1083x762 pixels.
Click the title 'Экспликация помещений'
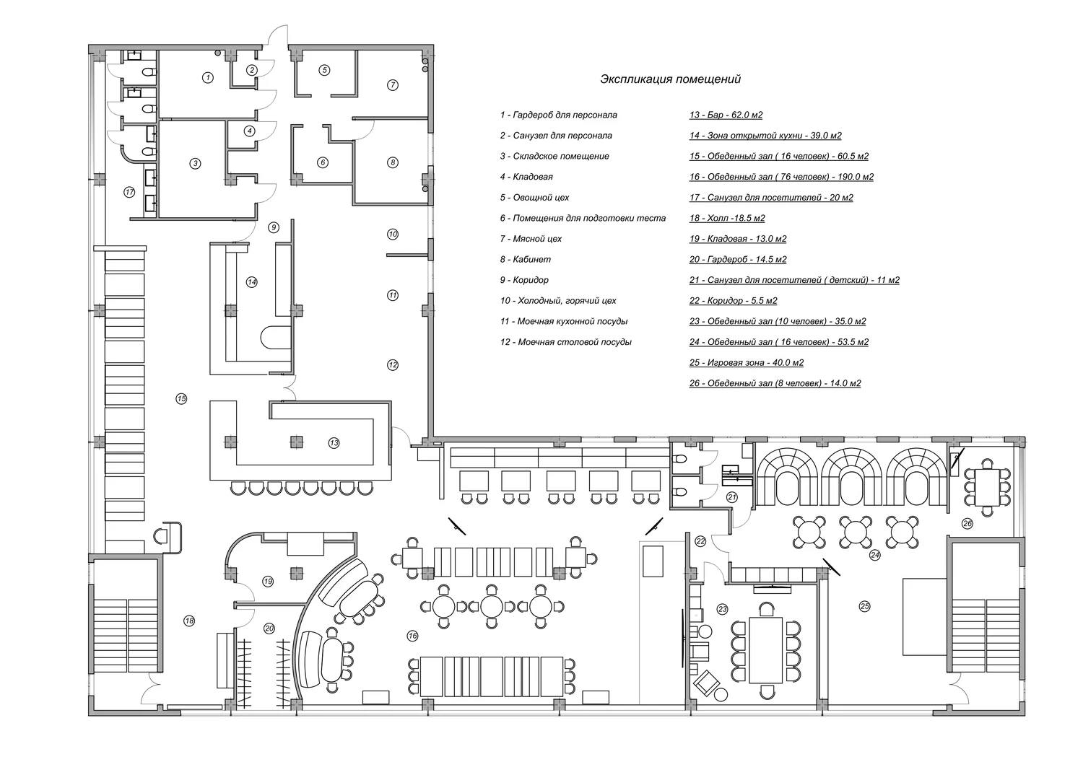point(670,79)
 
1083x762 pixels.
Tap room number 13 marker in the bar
point(334,442)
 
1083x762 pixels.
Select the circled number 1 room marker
point(207,76)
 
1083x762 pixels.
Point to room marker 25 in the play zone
point(865,606)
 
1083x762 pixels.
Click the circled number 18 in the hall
point(189,620)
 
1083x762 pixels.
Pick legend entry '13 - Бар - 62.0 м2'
point(726,115)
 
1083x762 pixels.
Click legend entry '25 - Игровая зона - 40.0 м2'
point(746,362)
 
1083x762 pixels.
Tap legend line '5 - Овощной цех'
point(534,197)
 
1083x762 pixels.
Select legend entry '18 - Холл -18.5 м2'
point(726,218)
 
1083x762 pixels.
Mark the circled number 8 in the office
point(393,162)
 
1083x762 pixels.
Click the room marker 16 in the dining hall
point(412,636)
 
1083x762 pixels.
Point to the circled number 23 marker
point(723,609)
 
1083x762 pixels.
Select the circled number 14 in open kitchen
point(251,282)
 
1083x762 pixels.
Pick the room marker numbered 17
point(129,192)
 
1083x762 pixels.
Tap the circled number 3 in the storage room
point(195,164)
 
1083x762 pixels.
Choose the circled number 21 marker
point(731,496)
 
